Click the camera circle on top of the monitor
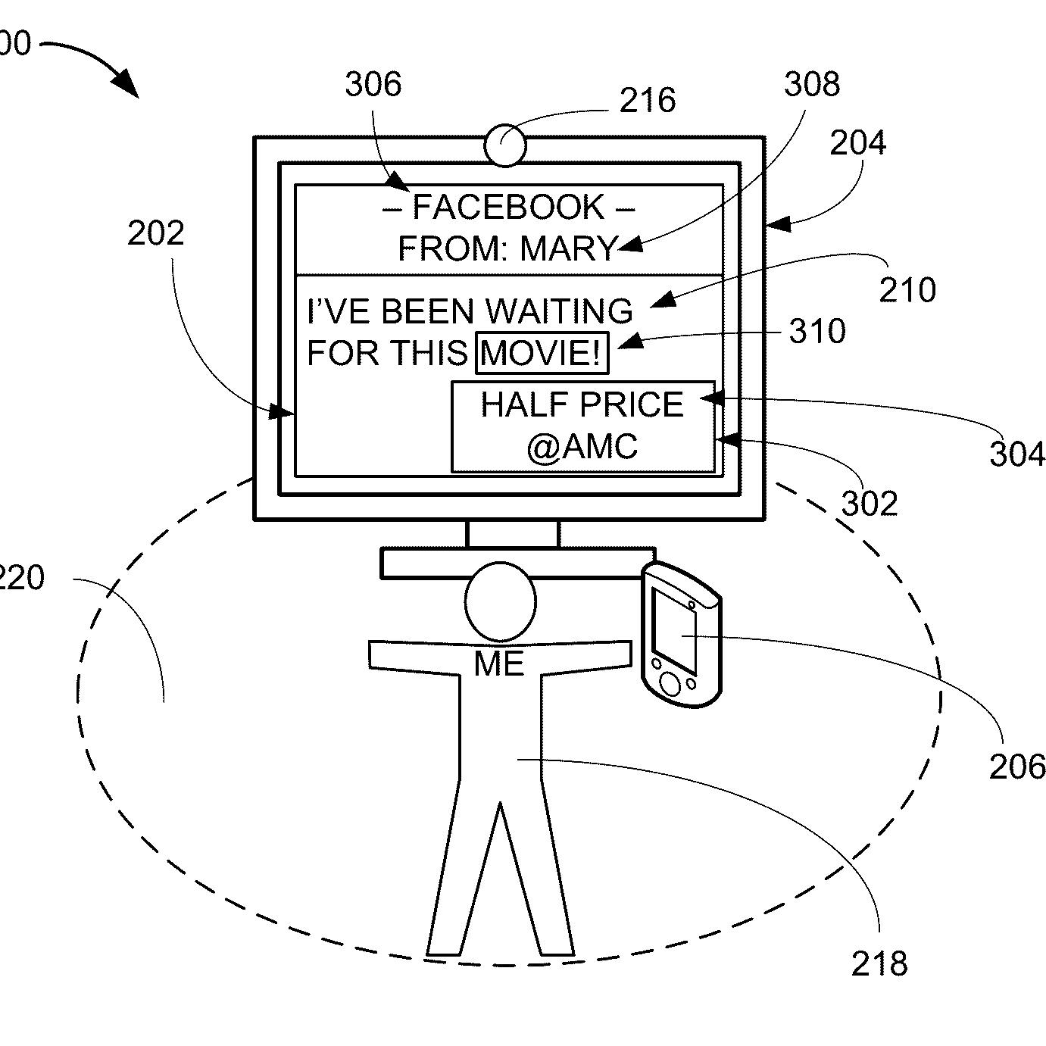505,145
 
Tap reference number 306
373,84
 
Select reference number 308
811,84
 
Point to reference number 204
857,142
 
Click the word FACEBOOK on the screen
508,208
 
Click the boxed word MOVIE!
542,353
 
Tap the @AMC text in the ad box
582,446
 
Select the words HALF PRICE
582,404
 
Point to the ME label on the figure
499,664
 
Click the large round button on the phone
670,683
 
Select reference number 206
1016,767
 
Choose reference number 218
879,963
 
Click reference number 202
155,233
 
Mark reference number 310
817,331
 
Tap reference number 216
648,101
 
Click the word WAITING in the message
559,311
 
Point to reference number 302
870,503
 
